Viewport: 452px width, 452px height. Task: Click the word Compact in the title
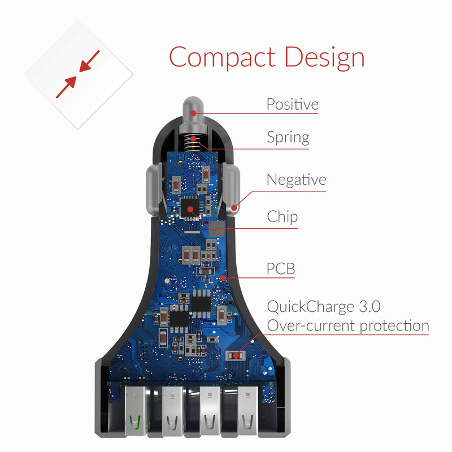click(x=222, y=58)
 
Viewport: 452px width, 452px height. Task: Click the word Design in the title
click(x=324, y=58)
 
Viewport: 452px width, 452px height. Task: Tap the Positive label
click(x=292, y=104)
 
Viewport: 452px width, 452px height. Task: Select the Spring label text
click(x=288, y=138)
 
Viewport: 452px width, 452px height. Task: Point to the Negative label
click(x=296, y=180)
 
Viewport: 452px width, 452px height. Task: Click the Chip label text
click(x=282, y=217)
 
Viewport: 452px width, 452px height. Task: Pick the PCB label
click(x=281, y=269)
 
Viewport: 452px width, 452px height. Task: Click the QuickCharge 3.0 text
click(x=323, y=307)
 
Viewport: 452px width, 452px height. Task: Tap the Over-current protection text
click(x=348, y=326)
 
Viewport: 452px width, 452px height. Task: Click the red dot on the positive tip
click(x=193, y=114)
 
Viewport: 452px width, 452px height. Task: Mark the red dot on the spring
click(x=193, y=138)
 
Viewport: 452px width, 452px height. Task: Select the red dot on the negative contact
click(x=234, y=207)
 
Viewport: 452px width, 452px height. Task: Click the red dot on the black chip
click(x=190, y=209)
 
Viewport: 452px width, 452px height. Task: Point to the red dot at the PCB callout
click(x=223, y=277)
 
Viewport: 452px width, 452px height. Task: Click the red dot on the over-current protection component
click(x=236, y=356)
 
